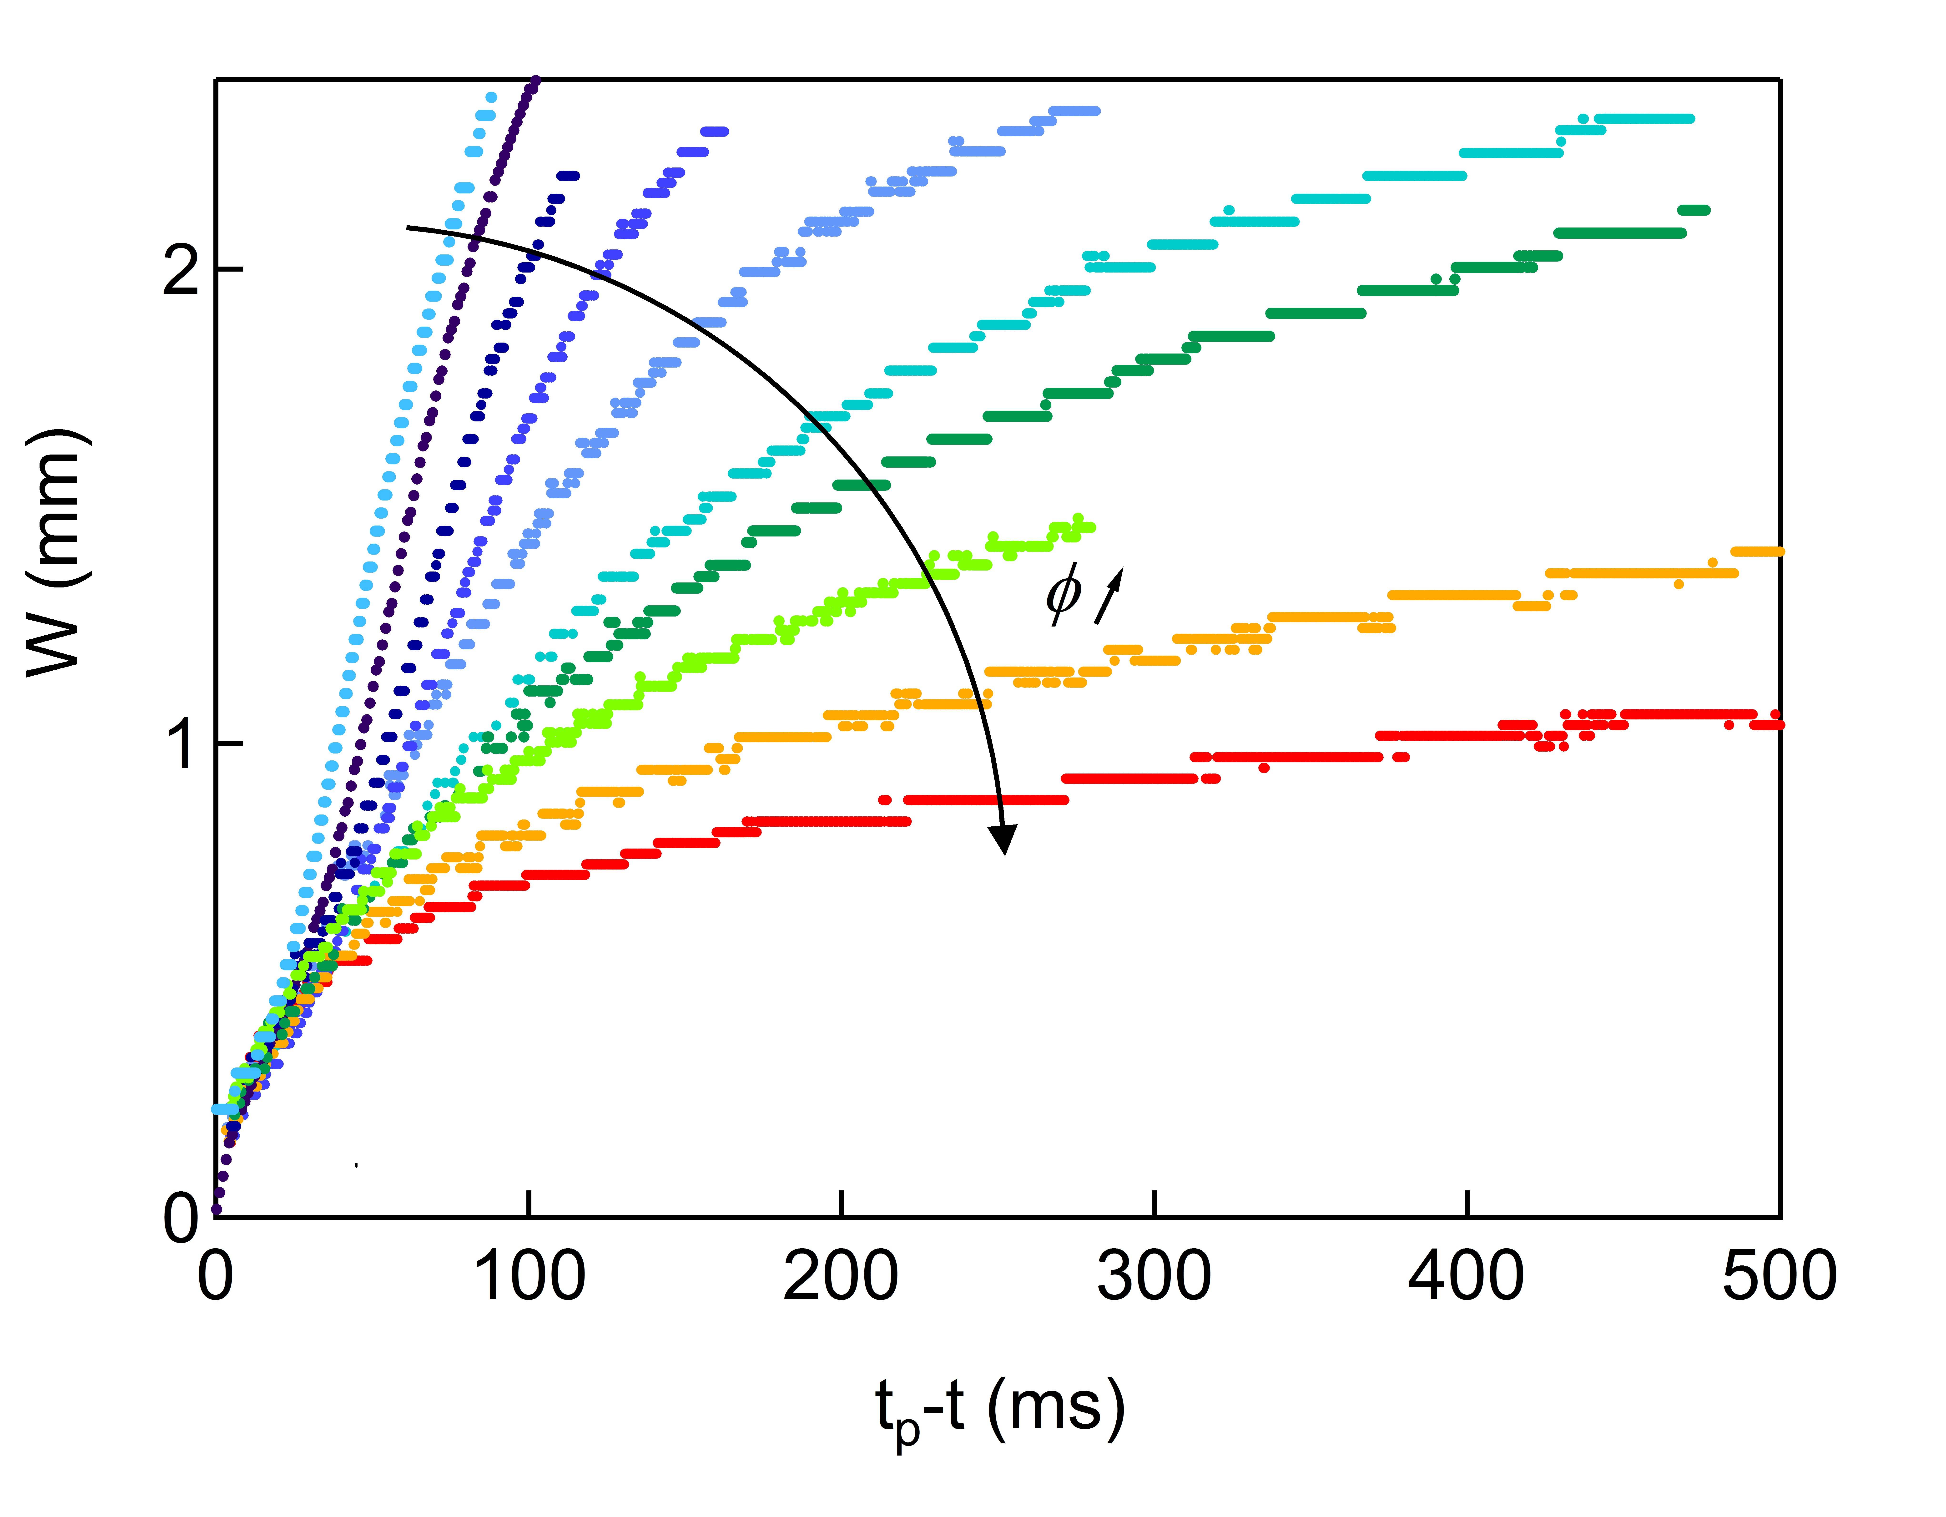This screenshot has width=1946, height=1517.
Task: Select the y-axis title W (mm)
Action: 55,553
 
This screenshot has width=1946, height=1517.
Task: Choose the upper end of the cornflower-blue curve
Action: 1094,111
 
